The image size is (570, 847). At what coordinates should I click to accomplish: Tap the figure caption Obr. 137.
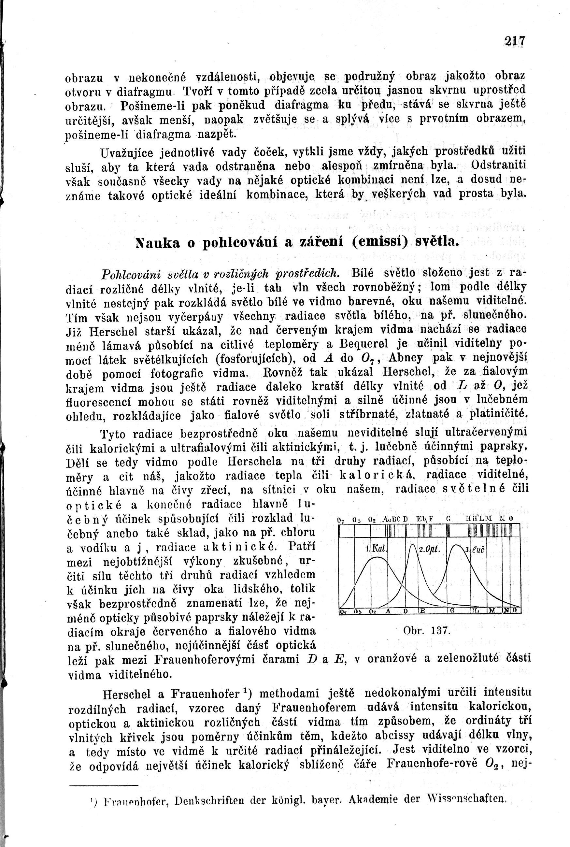(427, 630)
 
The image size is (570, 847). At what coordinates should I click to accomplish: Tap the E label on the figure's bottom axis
(423, 611)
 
